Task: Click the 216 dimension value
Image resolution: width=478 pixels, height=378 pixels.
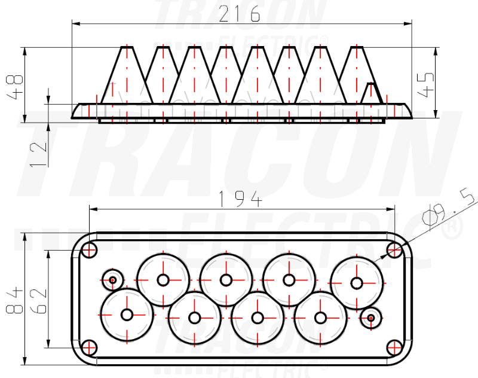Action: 240,14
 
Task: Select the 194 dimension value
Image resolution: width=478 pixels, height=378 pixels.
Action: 241,199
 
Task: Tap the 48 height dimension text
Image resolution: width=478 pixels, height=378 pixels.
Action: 14,87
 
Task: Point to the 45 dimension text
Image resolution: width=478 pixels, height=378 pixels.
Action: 425,85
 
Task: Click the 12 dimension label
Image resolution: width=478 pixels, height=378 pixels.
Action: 38,154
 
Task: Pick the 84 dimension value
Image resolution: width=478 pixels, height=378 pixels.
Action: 14,300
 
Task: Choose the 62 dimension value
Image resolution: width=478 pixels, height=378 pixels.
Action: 39,301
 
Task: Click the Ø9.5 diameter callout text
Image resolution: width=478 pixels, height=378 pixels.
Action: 448,207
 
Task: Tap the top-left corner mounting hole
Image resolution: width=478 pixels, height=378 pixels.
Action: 89,251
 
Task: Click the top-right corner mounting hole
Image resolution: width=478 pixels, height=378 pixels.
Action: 394,250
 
